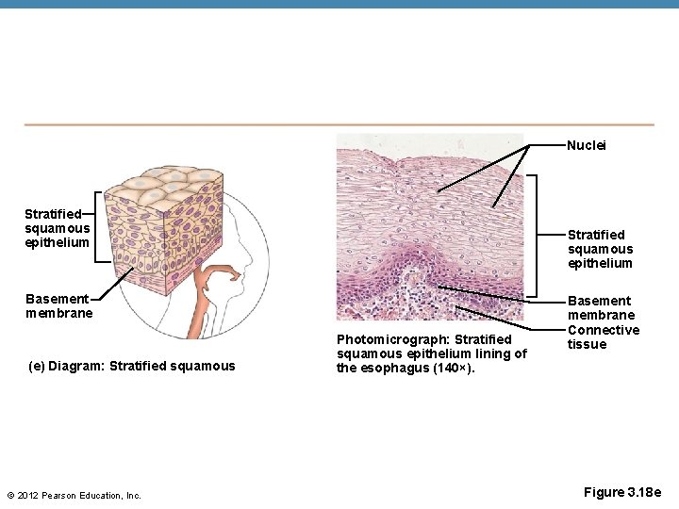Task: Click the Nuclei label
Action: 586,145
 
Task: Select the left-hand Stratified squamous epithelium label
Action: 57,228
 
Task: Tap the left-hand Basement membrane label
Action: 58,305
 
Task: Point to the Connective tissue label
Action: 603,337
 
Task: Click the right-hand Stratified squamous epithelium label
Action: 600,249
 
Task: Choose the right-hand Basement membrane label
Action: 601,307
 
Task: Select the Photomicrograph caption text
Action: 431,353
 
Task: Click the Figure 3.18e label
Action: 622,492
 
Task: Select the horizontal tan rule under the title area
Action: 339,124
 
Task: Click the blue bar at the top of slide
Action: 339,4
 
